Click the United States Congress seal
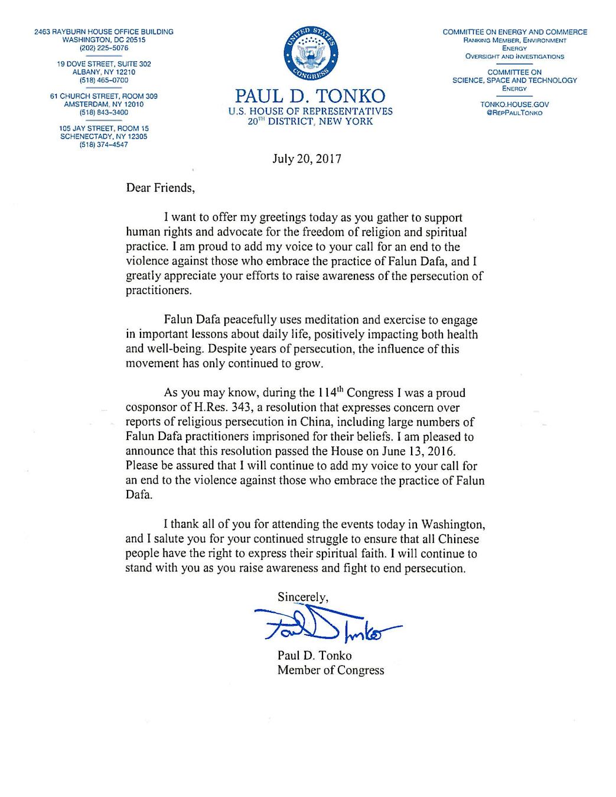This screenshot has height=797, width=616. click(x=311, y=55)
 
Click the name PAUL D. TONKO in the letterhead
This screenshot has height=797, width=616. click(x=310, y=96)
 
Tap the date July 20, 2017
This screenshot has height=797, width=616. click(x=307, y=159)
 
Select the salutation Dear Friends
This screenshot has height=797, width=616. click(x=159, y=188)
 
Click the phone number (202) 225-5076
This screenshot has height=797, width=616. click(x=104, y=48)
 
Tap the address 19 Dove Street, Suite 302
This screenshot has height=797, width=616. click(x=104, y=64)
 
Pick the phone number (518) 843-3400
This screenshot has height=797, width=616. click(x=104, y=112)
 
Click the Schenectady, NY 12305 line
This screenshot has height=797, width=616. click(x=104, y=136)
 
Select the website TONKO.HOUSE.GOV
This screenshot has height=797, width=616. click(x=514, y=104)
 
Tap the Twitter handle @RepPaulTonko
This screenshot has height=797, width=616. click(x=514, y=113)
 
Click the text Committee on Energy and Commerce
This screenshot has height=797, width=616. click(x=514, y=32)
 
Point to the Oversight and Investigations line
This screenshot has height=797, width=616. click(x=514, y=57)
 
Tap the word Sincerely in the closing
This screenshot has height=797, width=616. click(x=302, y=597)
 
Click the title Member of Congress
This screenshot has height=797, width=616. click(x=331, y=670)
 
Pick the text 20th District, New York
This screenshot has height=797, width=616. click(x=310, y=122)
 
